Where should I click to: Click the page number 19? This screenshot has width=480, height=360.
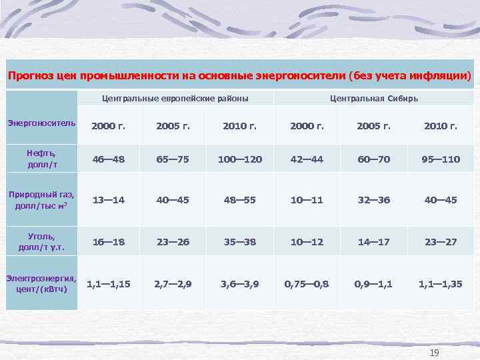[435, 352]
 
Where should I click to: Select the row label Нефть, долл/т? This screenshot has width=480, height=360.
[41, 159]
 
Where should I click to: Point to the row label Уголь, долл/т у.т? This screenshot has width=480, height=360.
[41, 241]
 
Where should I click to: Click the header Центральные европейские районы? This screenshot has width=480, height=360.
[175, 98]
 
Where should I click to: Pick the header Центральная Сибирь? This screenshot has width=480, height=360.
[373, 98]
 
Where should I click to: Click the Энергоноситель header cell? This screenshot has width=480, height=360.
[41, 124]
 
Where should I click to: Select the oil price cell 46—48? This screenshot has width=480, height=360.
[108, 159]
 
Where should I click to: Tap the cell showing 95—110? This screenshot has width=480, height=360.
[441, 159]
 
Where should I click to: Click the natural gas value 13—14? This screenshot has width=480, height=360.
[108, 200]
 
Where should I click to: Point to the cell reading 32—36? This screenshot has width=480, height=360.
[373, 200]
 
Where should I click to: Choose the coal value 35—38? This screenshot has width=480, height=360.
[240, 241]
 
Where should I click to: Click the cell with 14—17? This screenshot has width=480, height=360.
[373, 241]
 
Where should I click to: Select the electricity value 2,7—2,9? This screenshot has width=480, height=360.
[173, 283]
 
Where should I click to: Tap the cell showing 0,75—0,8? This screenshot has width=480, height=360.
[307, 283]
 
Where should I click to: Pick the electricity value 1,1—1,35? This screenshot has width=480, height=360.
[441, 283]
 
